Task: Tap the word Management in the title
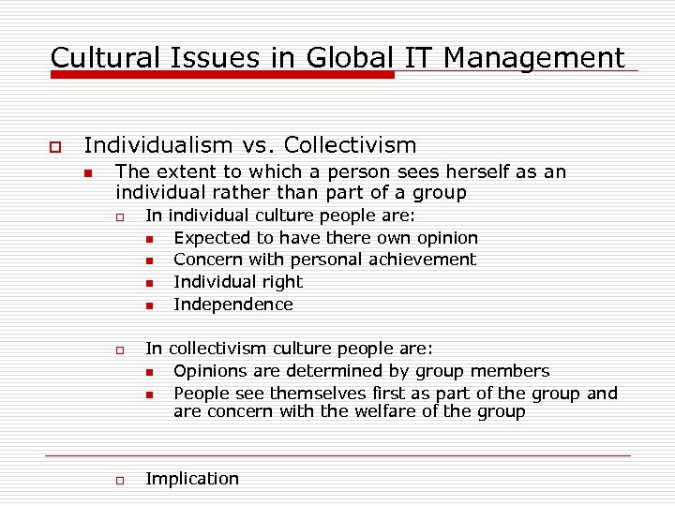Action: (x=533, y=58)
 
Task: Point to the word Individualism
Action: (x=157, y=145)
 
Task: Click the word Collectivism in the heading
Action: (x=350, y=145)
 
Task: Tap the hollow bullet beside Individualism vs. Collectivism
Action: (x=54, y=147)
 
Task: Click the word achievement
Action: (x=420, y=260)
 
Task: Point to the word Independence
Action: (x=233, y=305)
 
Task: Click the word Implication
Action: (x=192, y=479)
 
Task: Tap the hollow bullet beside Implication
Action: (x=120, y=481)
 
